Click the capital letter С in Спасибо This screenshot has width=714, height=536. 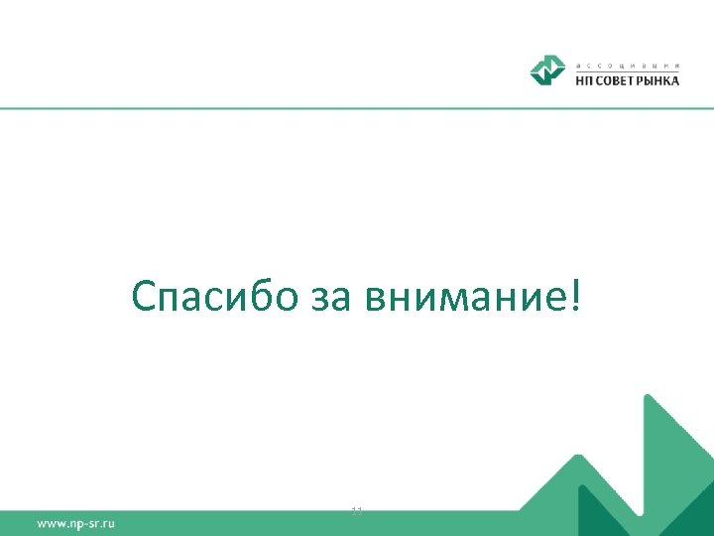pyautogui.click(x=145, y=295)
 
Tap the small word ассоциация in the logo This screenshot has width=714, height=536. pyautogui.click(x=627, y=63)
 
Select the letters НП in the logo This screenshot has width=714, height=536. pyautogui.click(x=586, y=80)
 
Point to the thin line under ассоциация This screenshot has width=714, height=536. pyautogui.click(x=627, y=70)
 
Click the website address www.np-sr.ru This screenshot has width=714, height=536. pyautogui.click(x=76, y=522)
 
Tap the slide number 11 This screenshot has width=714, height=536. pyautogui.click(x=357, y=511)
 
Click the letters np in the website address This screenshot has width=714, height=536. pyautogui.click(x=72, y=523)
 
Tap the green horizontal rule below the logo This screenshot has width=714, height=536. pyautogui.click(x=357, y=108)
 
